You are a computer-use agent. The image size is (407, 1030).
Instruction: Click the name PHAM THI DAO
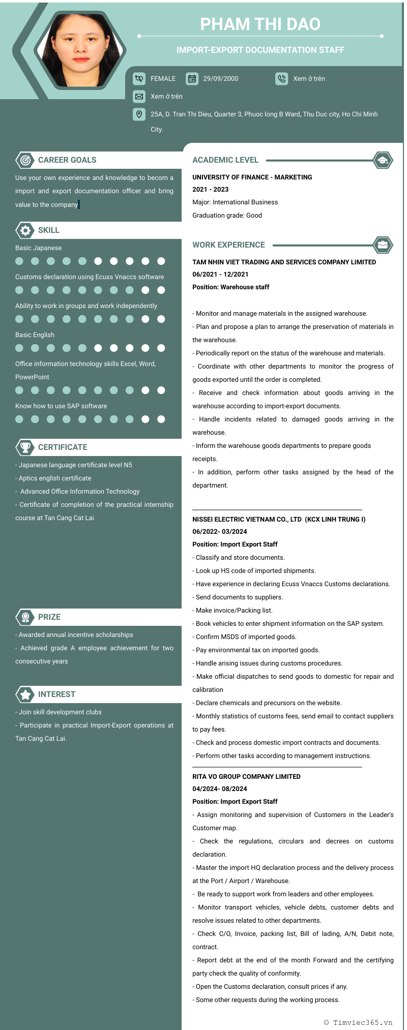pyautogui.click(x=260, y=24)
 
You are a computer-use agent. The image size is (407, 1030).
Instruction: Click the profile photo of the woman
pyautogui.click(x=80, y=50)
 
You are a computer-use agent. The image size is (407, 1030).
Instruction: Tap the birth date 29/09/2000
pyautogui.click(x=220, y=79)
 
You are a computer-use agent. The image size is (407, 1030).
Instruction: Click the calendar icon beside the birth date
pyautogui.click(x=192, y=79)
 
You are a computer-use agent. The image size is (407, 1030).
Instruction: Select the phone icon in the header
pyautogui.click(x=281, y=79)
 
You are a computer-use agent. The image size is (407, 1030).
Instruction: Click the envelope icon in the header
pyautogui.click(x=139, y=97)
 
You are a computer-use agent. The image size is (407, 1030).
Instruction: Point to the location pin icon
pyautogui.click(x=139, y=114)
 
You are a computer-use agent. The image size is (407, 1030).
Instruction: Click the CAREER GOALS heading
pyautogui.click(x=67, y=160)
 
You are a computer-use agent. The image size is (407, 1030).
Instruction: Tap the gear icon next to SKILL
pyautogui.click(x=25, y=230)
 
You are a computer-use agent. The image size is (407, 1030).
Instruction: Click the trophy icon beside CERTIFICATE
pyautogui.click(x=25, y=447)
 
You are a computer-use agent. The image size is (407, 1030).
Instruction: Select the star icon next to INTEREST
pyautogui.click(x=25, y=694)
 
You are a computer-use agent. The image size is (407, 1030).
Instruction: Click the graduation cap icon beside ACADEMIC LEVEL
pyautogui.click(x=383, y=160)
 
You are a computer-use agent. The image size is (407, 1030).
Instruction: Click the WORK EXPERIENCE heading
pyautogui.click(x=228, y=245)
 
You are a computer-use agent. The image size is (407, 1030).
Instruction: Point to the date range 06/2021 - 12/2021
pyautogui.click(x=220, y=275)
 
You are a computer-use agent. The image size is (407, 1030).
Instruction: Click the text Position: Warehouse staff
pyautogui.click(x=230, y=287)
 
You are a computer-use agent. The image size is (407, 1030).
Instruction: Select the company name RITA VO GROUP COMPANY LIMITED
pyautogui.click(x=246, y=777)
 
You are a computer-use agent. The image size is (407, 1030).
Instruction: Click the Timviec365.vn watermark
pyautogui.click(x=358, y=1022)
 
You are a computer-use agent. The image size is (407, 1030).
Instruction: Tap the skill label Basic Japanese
pyautogui.click(x=38, y=248)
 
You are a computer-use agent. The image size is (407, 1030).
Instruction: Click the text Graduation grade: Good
pyautogui.click(x=227, y=216)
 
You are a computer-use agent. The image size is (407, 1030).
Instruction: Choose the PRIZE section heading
pyautogui.click(x=49, y=617)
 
